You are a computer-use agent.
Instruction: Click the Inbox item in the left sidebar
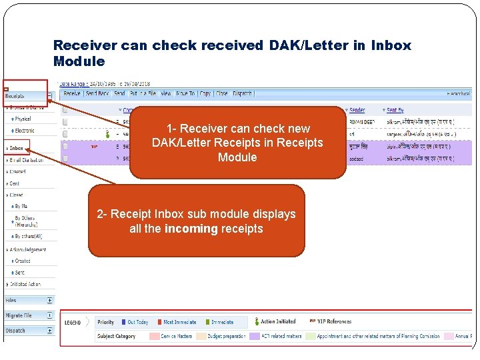tap(17, 149)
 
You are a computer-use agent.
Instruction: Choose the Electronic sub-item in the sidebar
tap(25, 131)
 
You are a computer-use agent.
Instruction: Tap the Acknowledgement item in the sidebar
tap(28, 249)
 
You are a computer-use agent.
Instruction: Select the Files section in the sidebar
tap(13, 301)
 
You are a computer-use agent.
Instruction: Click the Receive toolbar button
tap(71, 94)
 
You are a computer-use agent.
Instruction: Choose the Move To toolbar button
tap(185, 94)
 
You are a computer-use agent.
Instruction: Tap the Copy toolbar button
tap(205, 94)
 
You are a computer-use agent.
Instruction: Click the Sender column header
tap(357, 110)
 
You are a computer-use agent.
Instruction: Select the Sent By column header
tap(395, 110)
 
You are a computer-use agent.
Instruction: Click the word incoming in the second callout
tap(192, 229)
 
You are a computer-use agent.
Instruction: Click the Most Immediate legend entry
tap(180, 322)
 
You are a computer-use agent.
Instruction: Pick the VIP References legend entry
tap(334, 322)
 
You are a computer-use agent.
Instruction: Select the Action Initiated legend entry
tap(279, 322)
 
